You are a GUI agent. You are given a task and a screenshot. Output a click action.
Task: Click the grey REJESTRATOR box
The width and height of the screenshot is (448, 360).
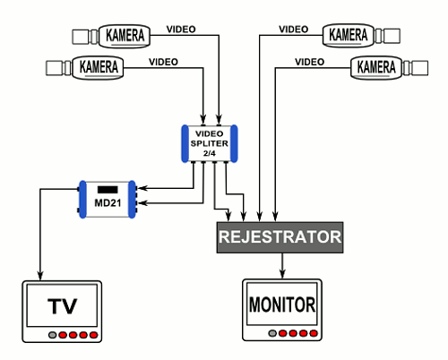[280, 237]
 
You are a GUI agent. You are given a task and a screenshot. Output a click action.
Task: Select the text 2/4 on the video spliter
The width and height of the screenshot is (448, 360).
[209, 153]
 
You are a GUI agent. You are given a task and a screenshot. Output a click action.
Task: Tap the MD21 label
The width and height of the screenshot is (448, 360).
[108, 203]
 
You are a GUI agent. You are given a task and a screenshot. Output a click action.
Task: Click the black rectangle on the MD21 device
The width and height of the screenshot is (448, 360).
[108, 190]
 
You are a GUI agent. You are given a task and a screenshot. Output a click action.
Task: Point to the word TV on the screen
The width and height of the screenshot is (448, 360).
[62, 306]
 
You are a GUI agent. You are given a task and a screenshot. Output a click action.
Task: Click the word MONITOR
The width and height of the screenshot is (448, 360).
[282, 304]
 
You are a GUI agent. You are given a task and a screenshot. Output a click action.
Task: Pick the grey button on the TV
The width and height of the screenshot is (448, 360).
[53, 335]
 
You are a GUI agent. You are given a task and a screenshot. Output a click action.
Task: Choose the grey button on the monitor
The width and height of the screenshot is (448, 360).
[272, 333]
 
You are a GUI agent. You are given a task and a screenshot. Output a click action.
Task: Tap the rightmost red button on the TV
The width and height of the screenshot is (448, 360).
[94, 335]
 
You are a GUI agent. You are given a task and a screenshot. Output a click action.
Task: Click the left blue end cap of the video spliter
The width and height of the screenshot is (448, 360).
[185, 143]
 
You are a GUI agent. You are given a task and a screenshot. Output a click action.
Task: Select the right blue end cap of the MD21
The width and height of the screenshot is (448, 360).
[132, 199]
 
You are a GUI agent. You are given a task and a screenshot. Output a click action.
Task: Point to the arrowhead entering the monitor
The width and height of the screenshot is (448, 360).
[282, 274]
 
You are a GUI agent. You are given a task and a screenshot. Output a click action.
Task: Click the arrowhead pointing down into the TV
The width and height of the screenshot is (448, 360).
[40, 276]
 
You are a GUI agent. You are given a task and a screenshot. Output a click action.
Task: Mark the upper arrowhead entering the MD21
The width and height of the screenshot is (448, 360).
[142, 188]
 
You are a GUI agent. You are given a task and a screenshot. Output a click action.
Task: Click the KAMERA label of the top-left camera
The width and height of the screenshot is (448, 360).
[125, 35]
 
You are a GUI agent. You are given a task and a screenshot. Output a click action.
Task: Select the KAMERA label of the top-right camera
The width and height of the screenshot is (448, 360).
[348, 35]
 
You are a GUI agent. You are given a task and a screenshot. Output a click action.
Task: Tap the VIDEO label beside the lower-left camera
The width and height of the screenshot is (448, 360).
[163, 62]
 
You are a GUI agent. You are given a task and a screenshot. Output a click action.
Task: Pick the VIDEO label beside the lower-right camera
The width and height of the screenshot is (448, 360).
[309, 62]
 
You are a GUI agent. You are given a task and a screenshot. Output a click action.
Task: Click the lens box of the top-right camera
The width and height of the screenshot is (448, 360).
[392, 36]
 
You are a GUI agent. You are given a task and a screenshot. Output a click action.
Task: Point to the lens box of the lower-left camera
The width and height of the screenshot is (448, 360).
[54, 68]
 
